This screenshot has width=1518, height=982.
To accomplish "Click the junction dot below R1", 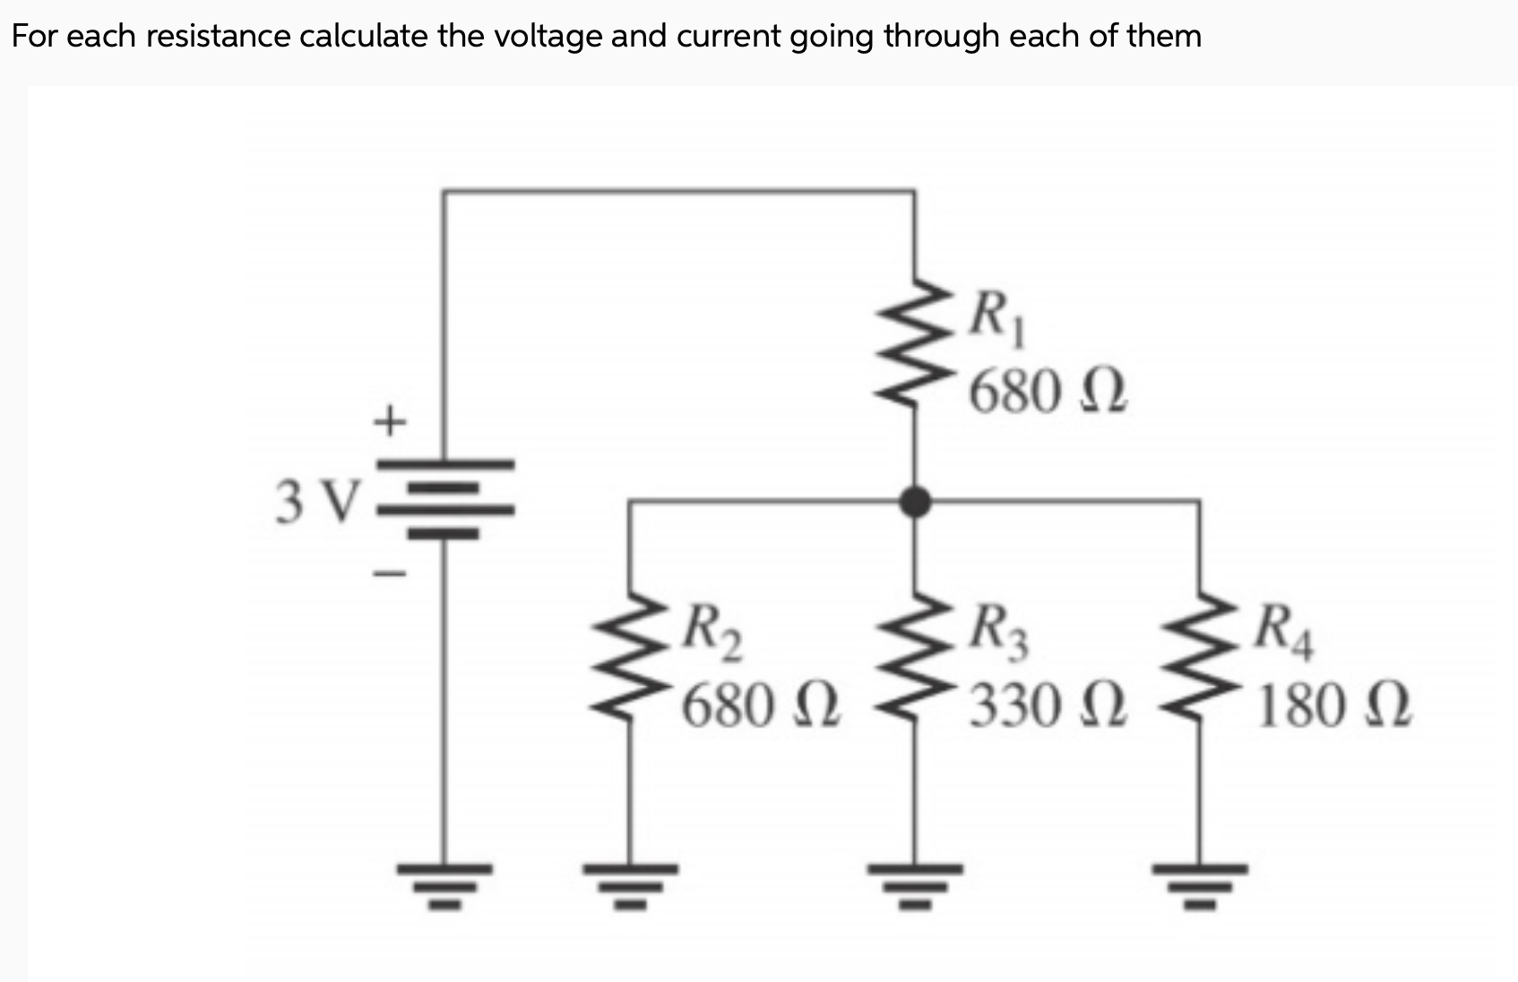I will [x=914, y=502].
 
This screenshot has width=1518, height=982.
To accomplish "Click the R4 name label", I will [x=1282, y=631].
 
